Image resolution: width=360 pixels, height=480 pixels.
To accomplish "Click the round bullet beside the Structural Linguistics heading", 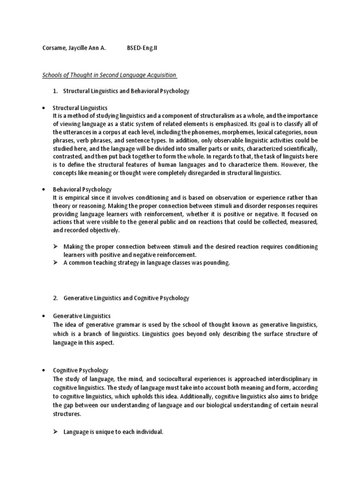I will (44, 108).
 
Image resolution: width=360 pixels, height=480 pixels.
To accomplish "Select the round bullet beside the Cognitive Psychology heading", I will (44, 370).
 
